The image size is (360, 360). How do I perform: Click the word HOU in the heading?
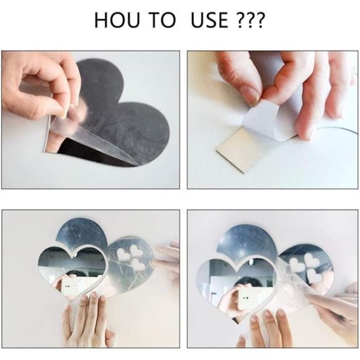click(117, 20)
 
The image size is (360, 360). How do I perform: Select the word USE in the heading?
click(210, 20)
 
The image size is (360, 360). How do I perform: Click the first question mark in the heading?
click(240, 20)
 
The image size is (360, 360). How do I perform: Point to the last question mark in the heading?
click(259, 20)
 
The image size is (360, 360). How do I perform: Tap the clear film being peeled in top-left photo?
click(92, 135)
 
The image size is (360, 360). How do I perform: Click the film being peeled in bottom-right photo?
click(296, 285)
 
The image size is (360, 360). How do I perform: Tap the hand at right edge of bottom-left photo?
click(168, 262)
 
